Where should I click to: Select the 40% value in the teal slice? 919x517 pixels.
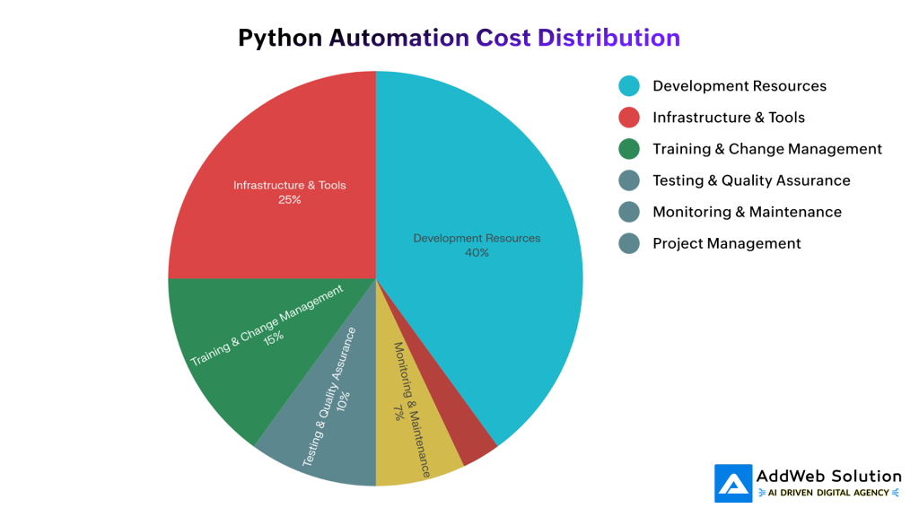(x=477, y=253)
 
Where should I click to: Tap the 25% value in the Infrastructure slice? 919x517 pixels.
(x=289, y=200)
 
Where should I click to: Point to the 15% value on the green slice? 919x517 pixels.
(x=274, y=337)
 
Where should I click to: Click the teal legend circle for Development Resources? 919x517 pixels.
(x=629, y=86)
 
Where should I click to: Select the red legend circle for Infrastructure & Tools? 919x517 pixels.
(x=629, y=118)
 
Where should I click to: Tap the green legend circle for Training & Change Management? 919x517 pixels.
(x=629, y=149)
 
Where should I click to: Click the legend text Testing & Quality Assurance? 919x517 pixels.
(x=751, y=180)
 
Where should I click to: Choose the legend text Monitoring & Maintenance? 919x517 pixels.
(x=747, y=212)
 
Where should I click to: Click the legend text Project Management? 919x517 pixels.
(x=726, y=243)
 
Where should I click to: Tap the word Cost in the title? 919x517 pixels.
(x=503, y=38)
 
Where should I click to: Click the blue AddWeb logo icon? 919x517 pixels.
(x=733, y=483)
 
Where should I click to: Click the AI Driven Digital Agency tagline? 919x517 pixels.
(x=828, y=493)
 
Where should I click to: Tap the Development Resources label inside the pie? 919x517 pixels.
(x=477, y=239)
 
